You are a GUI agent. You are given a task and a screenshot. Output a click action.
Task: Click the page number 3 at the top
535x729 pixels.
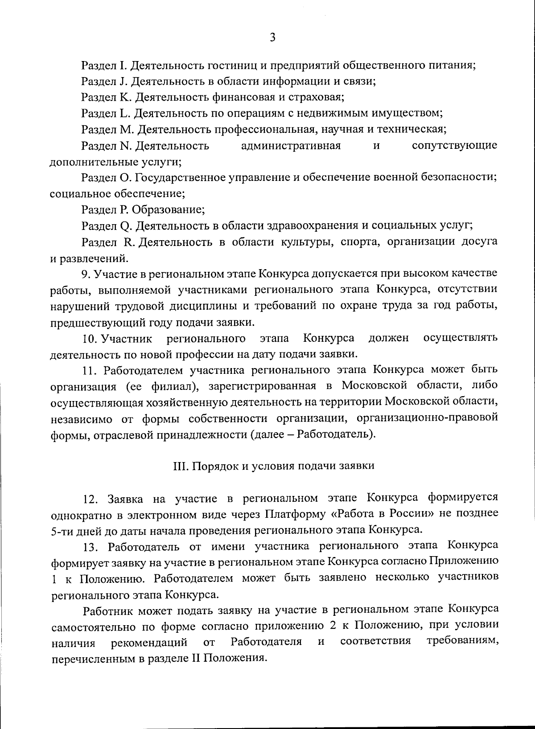click(272, 38)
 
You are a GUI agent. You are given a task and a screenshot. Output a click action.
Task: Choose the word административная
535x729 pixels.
click(291, 146)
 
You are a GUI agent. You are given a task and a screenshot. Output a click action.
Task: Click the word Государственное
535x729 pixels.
click(180, 178)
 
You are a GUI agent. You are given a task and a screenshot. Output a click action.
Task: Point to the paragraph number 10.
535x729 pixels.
click(91, 339)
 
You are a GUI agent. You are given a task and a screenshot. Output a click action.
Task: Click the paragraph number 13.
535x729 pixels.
click(91, 546)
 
